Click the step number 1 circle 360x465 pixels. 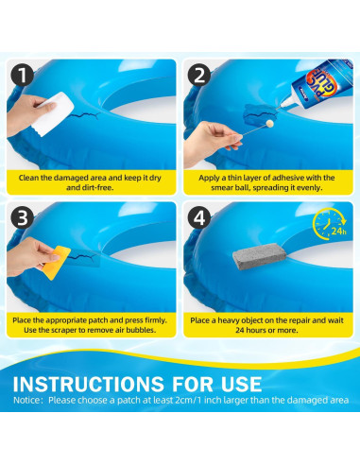23,75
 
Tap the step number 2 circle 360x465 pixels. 199,75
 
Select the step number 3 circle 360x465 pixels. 23,217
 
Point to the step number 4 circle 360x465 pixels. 199,217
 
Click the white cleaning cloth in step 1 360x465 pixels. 53,113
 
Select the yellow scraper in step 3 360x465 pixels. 57,263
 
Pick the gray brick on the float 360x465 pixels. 260,256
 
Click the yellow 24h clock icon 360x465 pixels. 330,223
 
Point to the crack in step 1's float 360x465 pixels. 84,116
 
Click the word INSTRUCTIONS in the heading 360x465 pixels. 89,384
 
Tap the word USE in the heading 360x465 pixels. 241,384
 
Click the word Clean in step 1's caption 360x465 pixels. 28,178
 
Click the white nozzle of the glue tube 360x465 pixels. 285,102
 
